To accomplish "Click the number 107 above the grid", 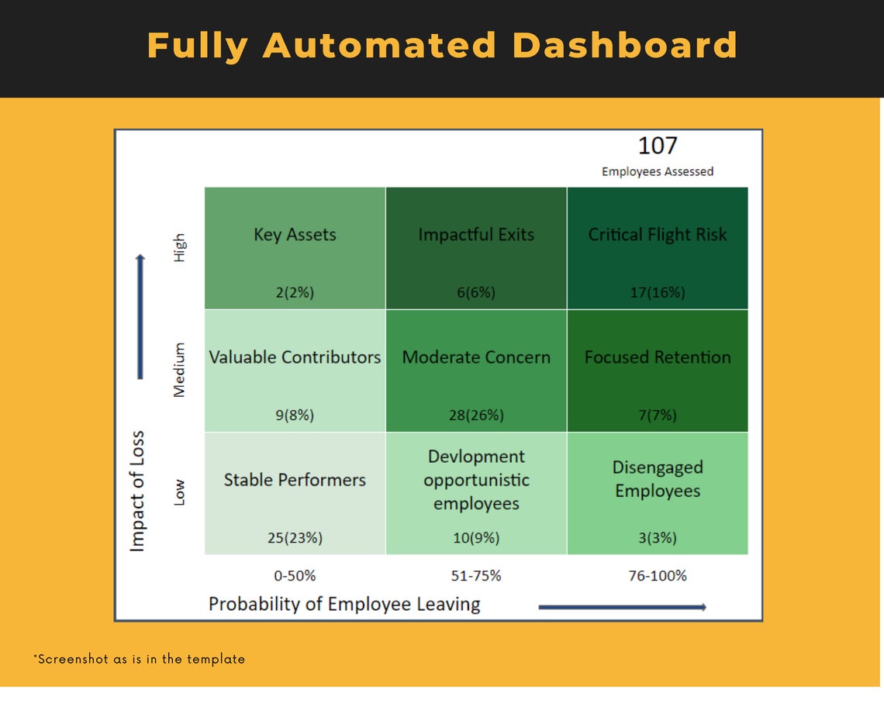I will (658, 146).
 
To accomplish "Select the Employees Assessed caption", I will (658, 171).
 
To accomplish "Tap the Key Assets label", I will (295, 235).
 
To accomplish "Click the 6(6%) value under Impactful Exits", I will (476, 292).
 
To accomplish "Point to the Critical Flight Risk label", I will (658, 235).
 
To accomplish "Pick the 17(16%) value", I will (658, 292).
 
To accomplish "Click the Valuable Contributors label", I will (295, 357).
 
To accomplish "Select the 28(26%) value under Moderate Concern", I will (476, 415).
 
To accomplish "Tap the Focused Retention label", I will (658, 357).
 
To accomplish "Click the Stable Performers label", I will (295, 480).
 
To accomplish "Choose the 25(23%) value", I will (295, 537).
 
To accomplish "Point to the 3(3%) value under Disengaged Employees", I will (658, 537).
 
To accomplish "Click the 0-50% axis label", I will (295, 576).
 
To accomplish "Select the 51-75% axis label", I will (476, 576).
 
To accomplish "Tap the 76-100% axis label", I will (658, 576).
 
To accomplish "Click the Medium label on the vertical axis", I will (180, 370).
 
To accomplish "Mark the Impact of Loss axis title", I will (138, 491).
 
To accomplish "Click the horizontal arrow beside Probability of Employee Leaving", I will (622, 607).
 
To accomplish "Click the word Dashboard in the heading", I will (625, 45).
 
